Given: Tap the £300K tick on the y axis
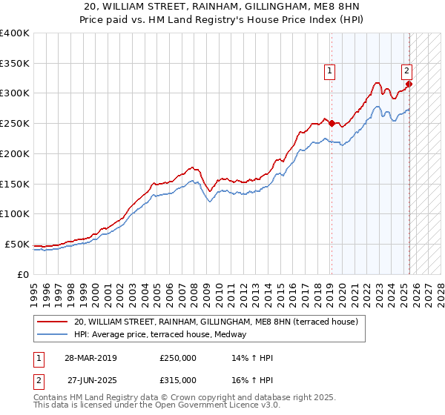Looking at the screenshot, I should (15, 93).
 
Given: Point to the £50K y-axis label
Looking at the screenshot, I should (17, 244).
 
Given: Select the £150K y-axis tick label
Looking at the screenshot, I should (15, 184).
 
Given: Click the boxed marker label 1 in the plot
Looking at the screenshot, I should (329, 71).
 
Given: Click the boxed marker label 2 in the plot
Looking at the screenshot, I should (407, 71).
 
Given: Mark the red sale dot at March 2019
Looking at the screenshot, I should (332, 124).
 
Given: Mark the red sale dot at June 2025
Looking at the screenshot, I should (409, 84).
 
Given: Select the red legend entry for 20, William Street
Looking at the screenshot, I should (216, 322).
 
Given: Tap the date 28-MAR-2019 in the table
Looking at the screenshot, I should (90, 358).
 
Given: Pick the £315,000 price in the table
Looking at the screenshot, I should (178, 379).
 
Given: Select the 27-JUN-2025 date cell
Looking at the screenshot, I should (90, 379).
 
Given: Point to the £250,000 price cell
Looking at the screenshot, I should (178, 358).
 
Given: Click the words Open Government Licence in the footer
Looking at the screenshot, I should (201, 406).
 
